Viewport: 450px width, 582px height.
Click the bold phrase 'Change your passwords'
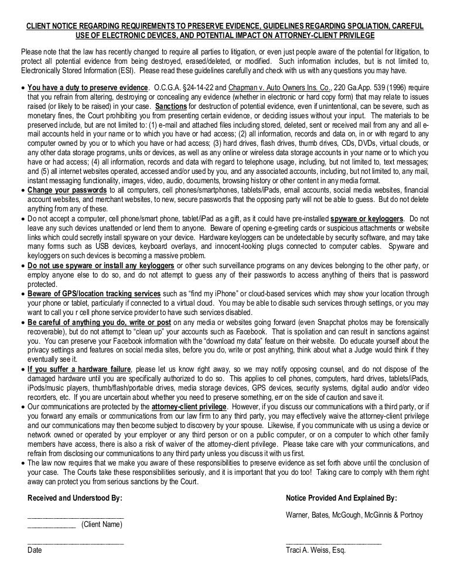click(x=67, y=190)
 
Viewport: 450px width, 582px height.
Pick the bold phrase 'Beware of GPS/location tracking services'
click(x=94, y=293)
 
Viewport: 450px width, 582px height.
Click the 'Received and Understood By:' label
click(x=75, y=498)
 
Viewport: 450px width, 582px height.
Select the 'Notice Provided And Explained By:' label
click(x=341, y=498)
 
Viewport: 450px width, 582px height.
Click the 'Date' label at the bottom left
click(x=35, y=551)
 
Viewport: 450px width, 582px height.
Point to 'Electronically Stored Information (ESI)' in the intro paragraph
click(x=76, y=71)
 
